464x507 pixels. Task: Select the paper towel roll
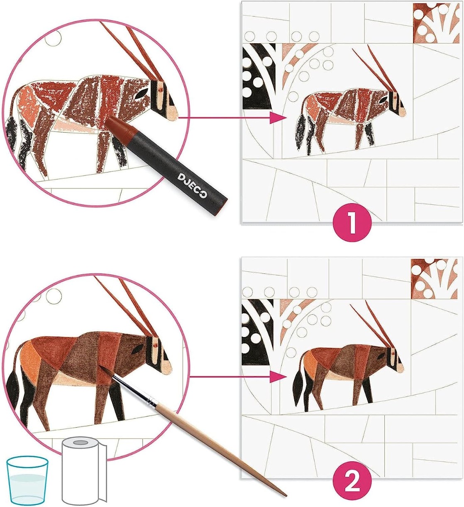pos(84,475)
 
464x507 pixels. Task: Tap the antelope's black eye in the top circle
pos(142,94)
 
